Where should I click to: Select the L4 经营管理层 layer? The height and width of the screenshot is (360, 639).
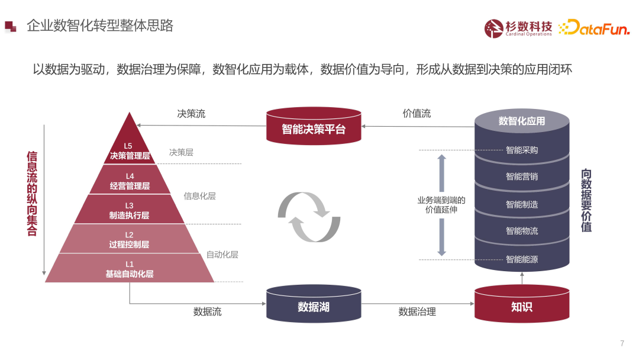(x=130, y=181)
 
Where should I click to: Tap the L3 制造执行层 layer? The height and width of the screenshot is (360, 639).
(x=129, y=210)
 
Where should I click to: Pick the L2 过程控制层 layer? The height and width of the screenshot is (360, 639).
(x=129, y=239)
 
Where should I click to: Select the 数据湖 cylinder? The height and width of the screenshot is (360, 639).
(x=313, y=306)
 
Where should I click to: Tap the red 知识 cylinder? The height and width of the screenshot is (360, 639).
(x=521, y=306)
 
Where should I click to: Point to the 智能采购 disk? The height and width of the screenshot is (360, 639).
(x=522, y=150)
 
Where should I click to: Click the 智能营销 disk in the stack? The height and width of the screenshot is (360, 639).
(x=522, y=176)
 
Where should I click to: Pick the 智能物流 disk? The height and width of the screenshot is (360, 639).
(x=522, y=231)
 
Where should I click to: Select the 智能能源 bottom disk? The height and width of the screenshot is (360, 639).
(x=522, y=259)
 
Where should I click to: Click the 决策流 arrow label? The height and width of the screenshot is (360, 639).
(x=191, y=114)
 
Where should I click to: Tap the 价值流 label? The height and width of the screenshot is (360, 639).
(x=417, y=114)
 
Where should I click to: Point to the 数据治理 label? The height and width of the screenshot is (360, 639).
(x=417, y=311)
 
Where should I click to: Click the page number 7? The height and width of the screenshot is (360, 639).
(x=622, y=343)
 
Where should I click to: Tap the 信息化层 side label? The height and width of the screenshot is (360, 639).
(x=199, y=196)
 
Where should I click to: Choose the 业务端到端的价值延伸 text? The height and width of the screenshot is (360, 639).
(x=441, y=205)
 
